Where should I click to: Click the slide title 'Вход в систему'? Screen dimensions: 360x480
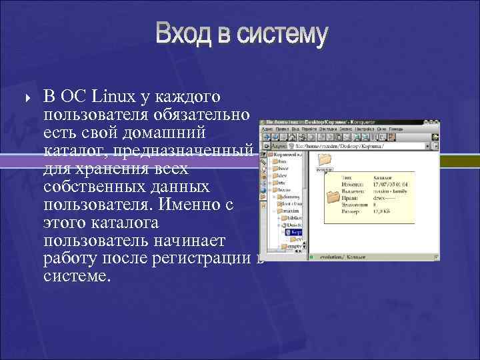pyautogui.click(x=242, y=35)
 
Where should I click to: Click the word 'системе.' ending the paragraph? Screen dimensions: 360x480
pyautogui.click(x=75, y=275)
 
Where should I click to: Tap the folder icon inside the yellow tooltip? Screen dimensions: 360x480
pyautogui.click(x=333, y=197)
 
